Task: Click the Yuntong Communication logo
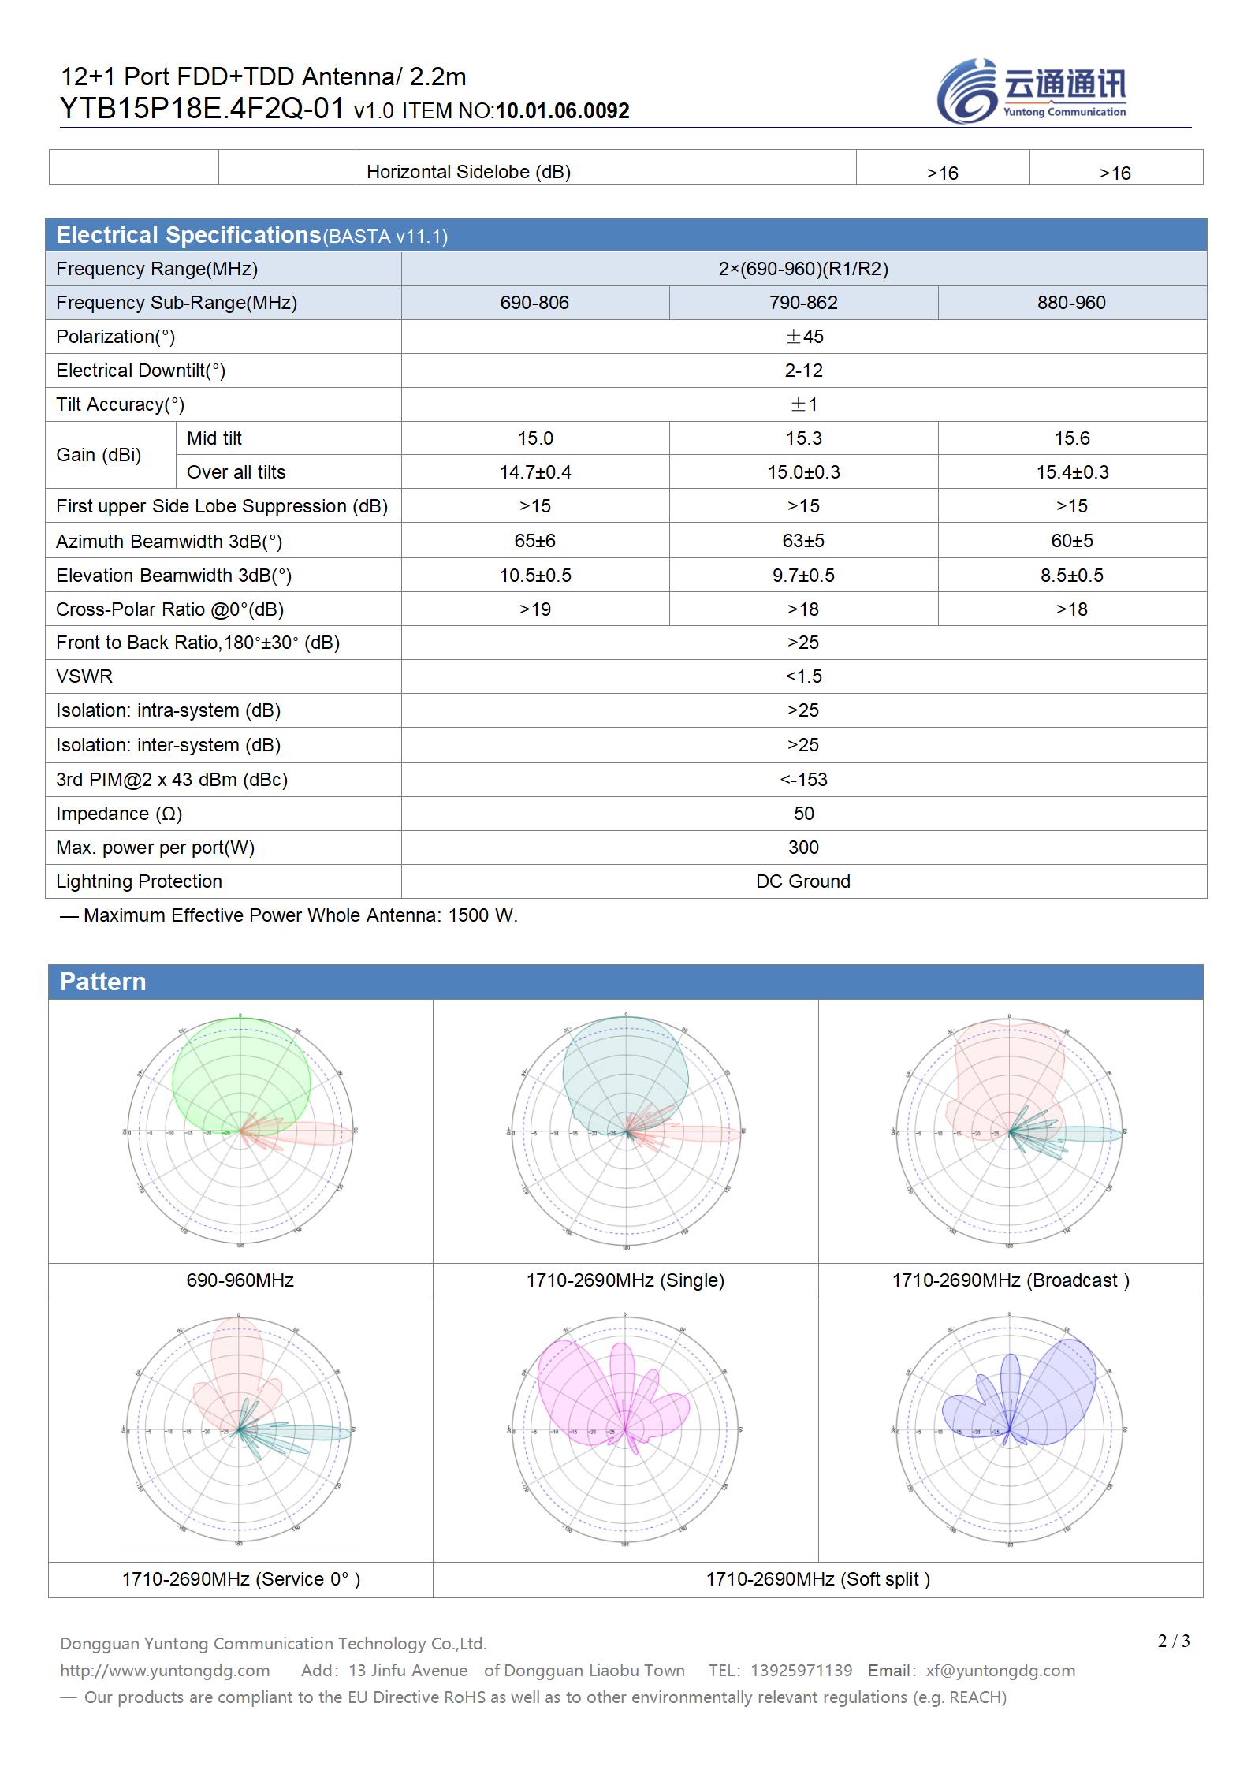click(1031, 91)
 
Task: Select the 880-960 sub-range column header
click(1071, 303)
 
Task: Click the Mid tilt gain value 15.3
click(803, 438)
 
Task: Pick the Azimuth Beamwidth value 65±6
click(535, 541)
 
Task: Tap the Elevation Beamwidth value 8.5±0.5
click(1071, 576)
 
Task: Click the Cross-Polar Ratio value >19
click(535, 609)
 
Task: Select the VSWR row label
click(84, 676)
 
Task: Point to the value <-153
click(803, 780)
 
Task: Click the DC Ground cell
click(803, 881)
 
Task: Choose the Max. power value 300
click(803, 848)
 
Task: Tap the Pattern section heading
click(103, 982)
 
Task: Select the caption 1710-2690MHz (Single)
click(625, 1280)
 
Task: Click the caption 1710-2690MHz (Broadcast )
click(1011, 1280)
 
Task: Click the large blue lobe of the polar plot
click(1060, 1392)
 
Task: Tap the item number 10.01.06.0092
click(562, 111)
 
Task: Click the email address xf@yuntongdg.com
click(1000, 1671)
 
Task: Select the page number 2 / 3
click(1174, 1641)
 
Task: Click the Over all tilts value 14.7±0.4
click(535, 472)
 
